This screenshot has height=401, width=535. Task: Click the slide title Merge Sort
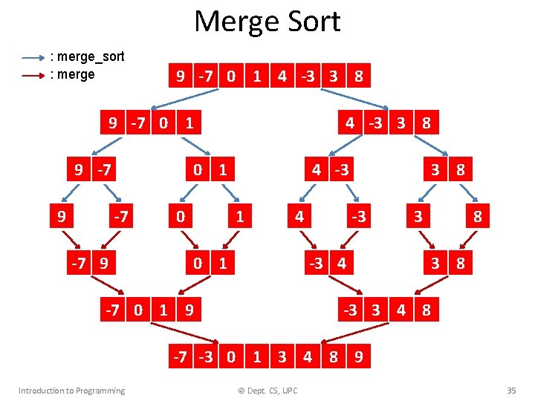(267, 22)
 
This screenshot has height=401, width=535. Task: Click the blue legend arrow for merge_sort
(33, 57)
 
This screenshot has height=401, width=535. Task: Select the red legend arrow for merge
(33, 74)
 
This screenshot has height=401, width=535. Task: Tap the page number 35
(510, 391)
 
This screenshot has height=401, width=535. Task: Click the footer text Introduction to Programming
(71, 391)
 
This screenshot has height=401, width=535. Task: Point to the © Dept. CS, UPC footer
(267, 391)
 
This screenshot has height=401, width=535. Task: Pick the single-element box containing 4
(299, 217)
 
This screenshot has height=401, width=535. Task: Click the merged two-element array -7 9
(89, 264)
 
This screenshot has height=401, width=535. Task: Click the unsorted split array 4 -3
(329, 170)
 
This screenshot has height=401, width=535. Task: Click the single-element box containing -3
(359, 217)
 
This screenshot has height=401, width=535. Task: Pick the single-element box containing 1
(239, 217)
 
